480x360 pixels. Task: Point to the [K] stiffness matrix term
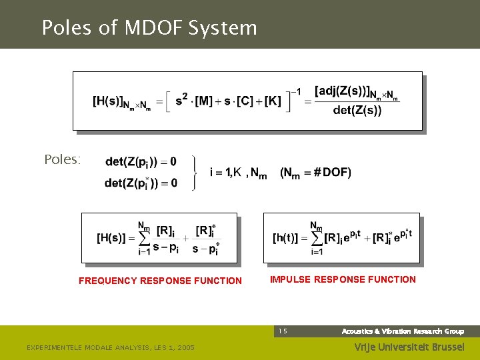(273, 101)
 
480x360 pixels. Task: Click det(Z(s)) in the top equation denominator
(357, 111)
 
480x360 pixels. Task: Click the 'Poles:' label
(62, 160)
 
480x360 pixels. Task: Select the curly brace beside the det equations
(194, 173)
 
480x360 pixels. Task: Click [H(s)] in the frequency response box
(111, 237)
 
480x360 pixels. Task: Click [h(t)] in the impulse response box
(289, 237)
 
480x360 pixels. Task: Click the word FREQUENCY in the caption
(109, 281)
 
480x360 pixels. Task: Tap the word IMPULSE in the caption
(290, 279)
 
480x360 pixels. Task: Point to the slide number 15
(283, 331)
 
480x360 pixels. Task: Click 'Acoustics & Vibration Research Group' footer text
(403, 331)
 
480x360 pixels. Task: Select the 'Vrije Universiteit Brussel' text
(408, 347)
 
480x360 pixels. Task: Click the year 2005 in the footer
(184, 348)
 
